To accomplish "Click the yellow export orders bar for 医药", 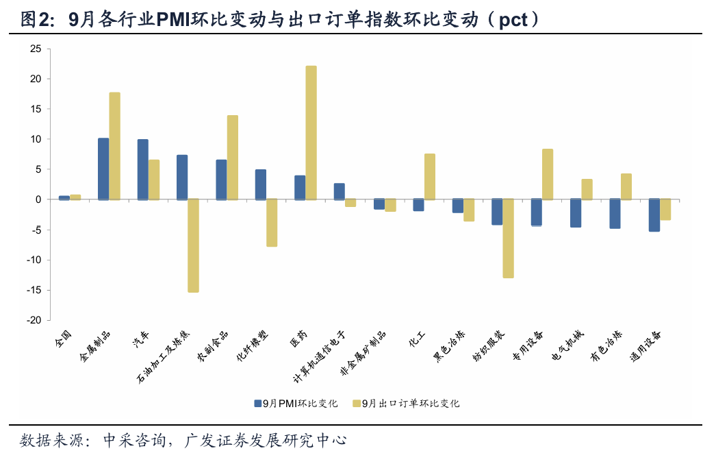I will point(311,132).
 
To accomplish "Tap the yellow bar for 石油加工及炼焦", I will point(193,245).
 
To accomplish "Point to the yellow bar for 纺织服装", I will point(508,239).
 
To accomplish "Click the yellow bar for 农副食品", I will point(233,157).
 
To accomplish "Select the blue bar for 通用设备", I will point(654,215).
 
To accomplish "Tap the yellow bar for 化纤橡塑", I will point(272,223).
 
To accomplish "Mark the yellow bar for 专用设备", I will point(548,174).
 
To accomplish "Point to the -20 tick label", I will point(33,320).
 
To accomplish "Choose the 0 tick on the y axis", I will point(38,199).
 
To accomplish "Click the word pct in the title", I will point(513,20).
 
